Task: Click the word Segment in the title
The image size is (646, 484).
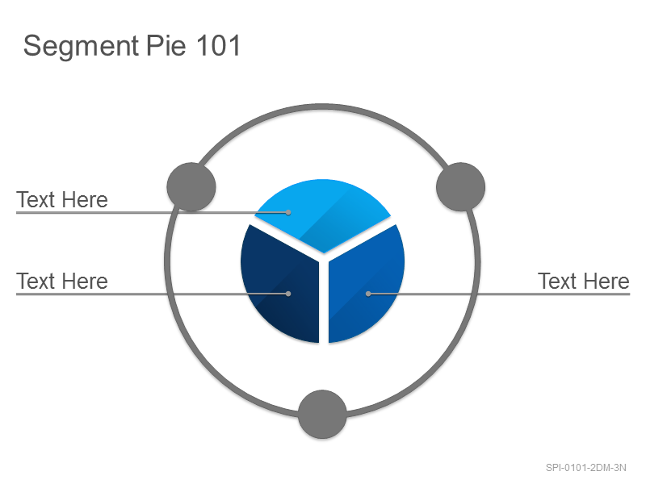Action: (81, 47)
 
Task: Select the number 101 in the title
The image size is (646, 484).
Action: (218, 45)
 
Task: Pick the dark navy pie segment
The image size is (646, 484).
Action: (280, 284)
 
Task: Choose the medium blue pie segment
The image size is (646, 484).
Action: (365, 284)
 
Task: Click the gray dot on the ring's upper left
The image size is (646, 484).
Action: (191, 187)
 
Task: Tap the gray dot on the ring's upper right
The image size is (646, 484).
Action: (460, 187)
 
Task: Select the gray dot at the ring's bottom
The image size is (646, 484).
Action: (322, 414)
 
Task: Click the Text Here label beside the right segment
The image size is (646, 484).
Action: (583, 282)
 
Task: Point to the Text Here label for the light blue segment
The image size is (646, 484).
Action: (62, 200)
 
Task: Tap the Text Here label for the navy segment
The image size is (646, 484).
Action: (62, 282)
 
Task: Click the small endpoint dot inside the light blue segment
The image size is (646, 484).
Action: (288, 212)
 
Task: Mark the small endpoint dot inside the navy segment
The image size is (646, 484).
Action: (288, 294)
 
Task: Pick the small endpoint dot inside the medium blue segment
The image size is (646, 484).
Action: (368, 294)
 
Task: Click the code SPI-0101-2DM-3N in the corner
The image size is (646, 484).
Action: (586, 468)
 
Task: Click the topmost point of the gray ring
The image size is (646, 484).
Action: (322, 106)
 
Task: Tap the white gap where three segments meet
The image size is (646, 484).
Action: (324, 258)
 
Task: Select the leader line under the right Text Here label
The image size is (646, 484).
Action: (499, 294)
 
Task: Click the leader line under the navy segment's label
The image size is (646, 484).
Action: (153, 294)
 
